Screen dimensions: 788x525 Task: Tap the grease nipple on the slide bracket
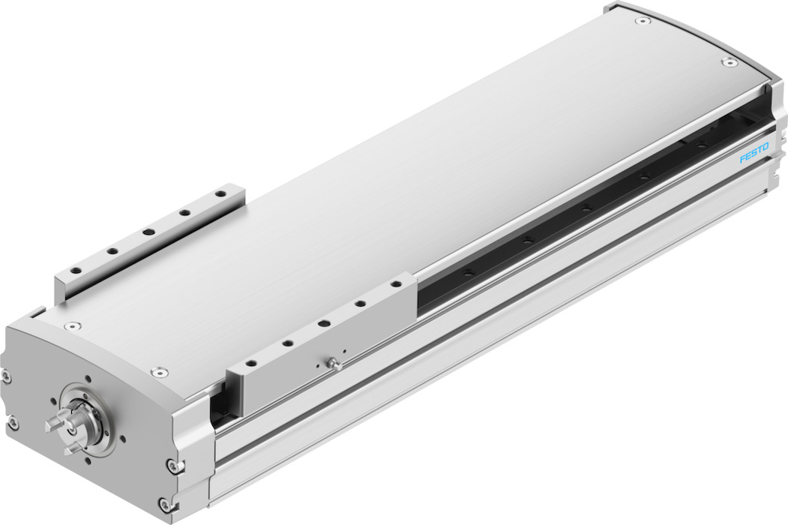tap(332, 362)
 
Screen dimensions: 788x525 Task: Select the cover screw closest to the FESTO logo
tap(727, 62)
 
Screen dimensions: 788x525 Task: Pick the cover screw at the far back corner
tap(641, 21)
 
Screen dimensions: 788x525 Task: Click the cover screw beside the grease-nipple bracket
tap(159, 372)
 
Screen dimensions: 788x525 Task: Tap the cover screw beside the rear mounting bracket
tap(73, 325)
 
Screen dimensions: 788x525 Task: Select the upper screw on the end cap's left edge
tap(5, 375)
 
